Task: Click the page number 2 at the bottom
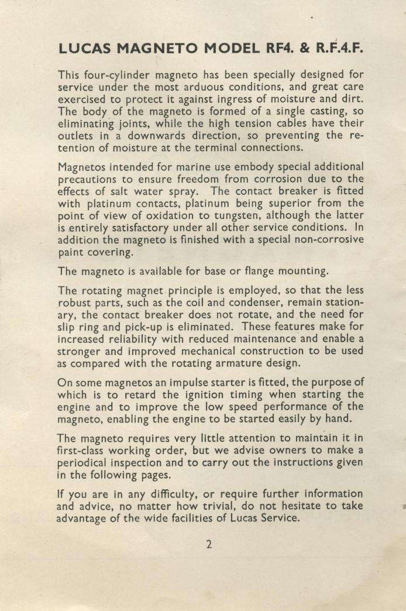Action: coord(209,544)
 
